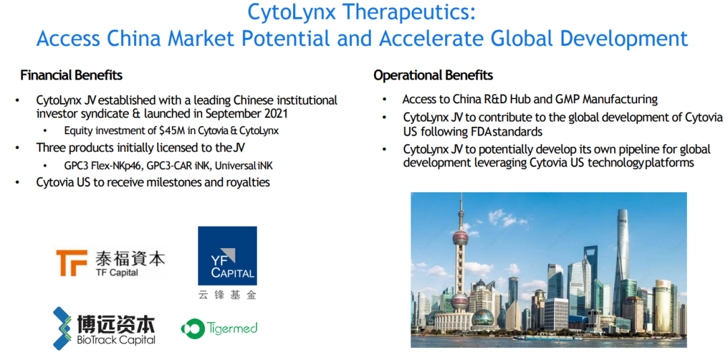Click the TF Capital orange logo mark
pyautogui.click(x=71, y=263)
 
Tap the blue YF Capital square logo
pyautogui.click(x=228, y=256)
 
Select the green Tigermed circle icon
pyautogui.click(x=192, y=329)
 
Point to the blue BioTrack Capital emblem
pyautogui.click(x=64, y=328)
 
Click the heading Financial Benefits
pyautogui.click(x=71, y=76)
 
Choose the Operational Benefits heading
pyautogui.click(x=433, y=76)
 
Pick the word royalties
pyautogui.click(x=247, y=183)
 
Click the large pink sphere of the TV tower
pyautogui.click(x=460, y=301)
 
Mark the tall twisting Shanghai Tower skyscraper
pyautogui.click(x=621, y=260)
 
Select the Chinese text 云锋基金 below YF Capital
pyautogui.click(x=227, y=295)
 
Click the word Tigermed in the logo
pyautogui.click(x=232, y=328)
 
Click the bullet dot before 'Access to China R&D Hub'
pyautogui.click(x=384, y=100)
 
